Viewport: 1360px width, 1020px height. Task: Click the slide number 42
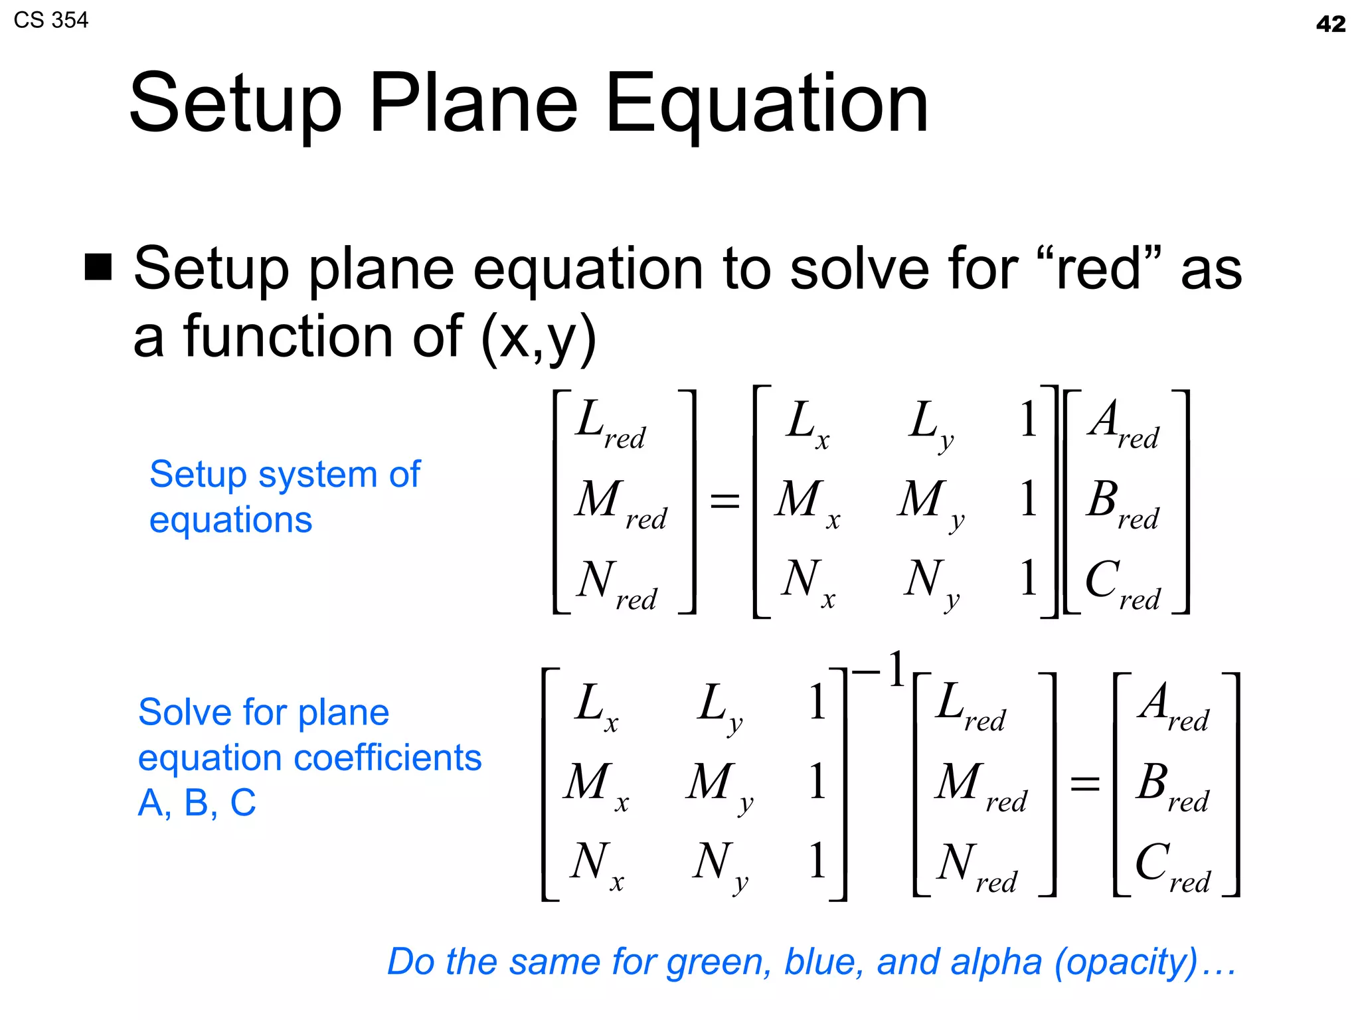1330,25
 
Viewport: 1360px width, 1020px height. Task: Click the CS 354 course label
50,21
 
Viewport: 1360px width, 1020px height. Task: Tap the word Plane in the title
473,104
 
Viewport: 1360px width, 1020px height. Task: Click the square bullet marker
98,267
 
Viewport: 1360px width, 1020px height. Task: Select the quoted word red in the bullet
1098,270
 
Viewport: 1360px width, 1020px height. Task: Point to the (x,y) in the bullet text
538,337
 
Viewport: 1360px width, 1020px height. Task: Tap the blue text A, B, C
197,802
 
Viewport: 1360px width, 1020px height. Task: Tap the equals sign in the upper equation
724,501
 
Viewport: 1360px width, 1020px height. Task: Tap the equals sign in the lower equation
1084,784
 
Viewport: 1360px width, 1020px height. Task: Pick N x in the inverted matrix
596,866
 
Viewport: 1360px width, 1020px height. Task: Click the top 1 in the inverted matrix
817,703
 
